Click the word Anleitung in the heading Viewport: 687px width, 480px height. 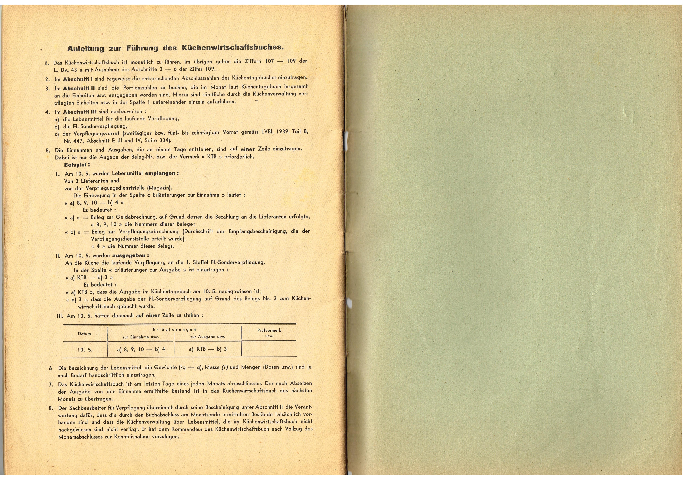(86, 48)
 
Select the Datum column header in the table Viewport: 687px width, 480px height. (84, 334)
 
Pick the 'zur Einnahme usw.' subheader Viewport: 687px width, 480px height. (141, 337)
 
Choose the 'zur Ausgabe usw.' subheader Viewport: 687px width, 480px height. (208, 337)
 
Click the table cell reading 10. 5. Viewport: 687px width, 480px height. (85, 349)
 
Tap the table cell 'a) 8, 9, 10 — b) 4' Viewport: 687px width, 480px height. (141, 349)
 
